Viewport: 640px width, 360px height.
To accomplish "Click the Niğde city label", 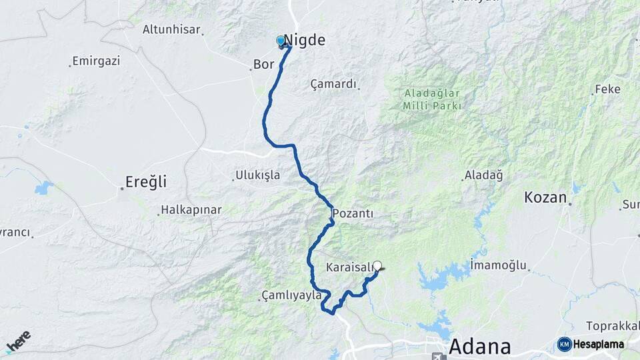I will pos(305,40).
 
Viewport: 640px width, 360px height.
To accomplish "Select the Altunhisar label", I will pos(173,29).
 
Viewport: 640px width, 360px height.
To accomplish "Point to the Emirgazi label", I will pos(97,61).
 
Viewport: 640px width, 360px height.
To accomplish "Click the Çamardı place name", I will pos(334,85).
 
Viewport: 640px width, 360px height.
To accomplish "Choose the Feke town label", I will pos(607,89).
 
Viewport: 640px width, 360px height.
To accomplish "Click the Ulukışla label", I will pos(257,176).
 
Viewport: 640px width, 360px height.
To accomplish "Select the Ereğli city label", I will pos(146,181).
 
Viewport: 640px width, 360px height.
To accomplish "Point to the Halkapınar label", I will pos(191,210).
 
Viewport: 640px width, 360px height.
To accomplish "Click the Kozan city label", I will pos(545,197).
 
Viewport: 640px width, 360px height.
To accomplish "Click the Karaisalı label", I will pos(349,267).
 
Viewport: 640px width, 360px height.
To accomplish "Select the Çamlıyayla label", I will pos(291,295).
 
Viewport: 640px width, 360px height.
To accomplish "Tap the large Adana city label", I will pos(480,347).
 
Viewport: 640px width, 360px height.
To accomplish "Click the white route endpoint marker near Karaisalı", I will pos(377,265).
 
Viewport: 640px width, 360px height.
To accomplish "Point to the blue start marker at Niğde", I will pos(281,41).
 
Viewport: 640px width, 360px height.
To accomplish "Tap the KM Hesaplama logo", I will pos(591,344).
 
